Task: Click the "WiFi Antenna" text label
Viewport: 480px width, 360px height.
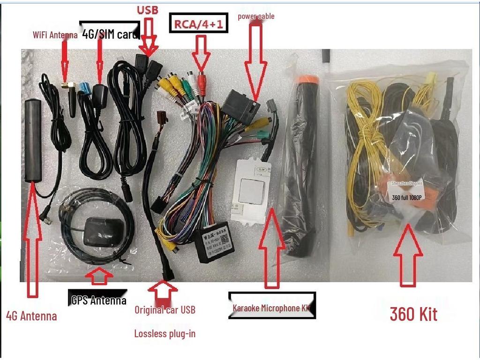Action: (x=55, y=35)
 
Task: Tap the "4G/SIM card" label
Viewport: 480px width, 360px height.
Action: (x=110, y=34)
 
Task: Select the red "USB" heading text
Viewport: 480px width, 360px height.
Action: (x=147, y=10)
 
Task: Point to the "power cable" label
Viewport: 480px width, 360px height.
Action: (x=256, y=16)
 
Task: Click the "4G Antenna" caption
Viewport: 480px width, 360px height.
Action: (x=31, y=315)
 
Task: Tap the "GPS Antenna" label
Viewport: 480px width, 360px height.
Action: (x=98, y=300)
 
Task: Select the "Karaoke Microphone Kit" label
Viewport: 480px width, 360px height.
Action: (x=272, y=307)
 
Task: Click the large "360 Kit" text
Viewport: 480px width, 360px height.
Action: (x=413, y=314)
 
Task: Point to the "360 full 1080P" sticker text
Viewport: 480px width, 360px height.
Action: (x=407, y=197)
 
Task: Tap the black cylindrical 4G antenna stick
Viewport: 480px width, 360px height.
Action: (x=33, y=140)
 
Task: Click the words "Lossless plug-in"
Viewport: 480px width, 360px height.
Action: (x=165, y=334)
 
